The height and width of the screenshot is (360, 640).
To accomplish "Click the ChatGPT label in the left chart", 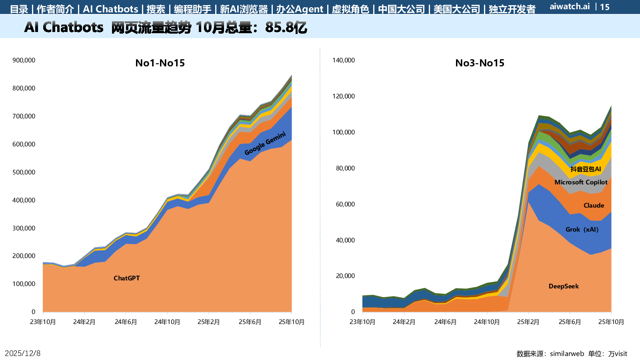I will pos(126,278).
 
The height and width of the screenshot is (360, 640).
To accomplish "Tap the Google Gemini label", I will pos(265,143).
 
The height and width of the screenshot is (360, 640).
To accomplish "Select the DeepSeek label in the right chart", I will pos(564,286).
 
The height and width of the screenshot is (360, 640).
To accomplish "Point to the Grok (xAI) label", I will pos(582,229).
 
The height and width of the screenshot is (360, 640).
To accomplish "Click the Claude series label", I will pos(594,205).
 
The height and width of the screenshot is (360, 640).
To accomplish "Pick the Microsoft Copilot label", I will pos(581,182).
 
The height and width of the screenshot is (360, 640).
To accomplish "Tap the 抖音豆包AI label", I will pos(586,169).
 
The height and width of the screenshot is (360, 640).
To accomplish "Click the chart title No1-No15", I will pos(160,63).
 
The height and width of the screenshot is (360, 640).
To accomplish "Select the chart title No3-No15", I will pos(480,63).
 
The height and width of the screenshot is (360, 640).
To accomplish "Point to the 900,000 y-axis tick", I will pos(24,60).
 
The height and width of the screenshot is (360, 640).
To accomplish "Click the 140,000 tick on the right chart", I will pos(344,60).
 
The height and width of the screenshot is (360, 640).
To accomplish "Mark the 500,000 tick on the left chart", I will pos(24,172).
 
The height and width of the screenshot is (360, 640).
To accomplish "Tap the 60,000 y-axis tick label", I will pos(345,204).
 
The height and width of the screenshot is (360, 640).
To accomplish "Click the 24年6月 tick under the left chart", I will pos(126,322).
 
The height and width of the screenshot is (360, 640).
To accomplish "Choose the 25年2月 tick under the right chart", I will pos(528,322).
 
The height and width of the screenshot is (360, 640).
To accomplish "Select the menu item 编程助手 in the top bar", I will pos(192,9).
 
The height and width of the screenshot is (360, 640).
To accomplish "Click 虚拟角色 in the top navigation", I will pos(350,9).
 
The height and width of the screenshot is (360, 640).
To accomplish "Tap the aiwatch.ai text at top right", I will pos(570,6).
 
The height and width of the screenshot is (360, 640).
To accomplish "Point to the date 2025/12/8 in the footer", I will pos(23,353).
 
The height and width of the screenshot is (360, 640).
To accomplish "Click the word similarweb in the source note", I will pos(567,354).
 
